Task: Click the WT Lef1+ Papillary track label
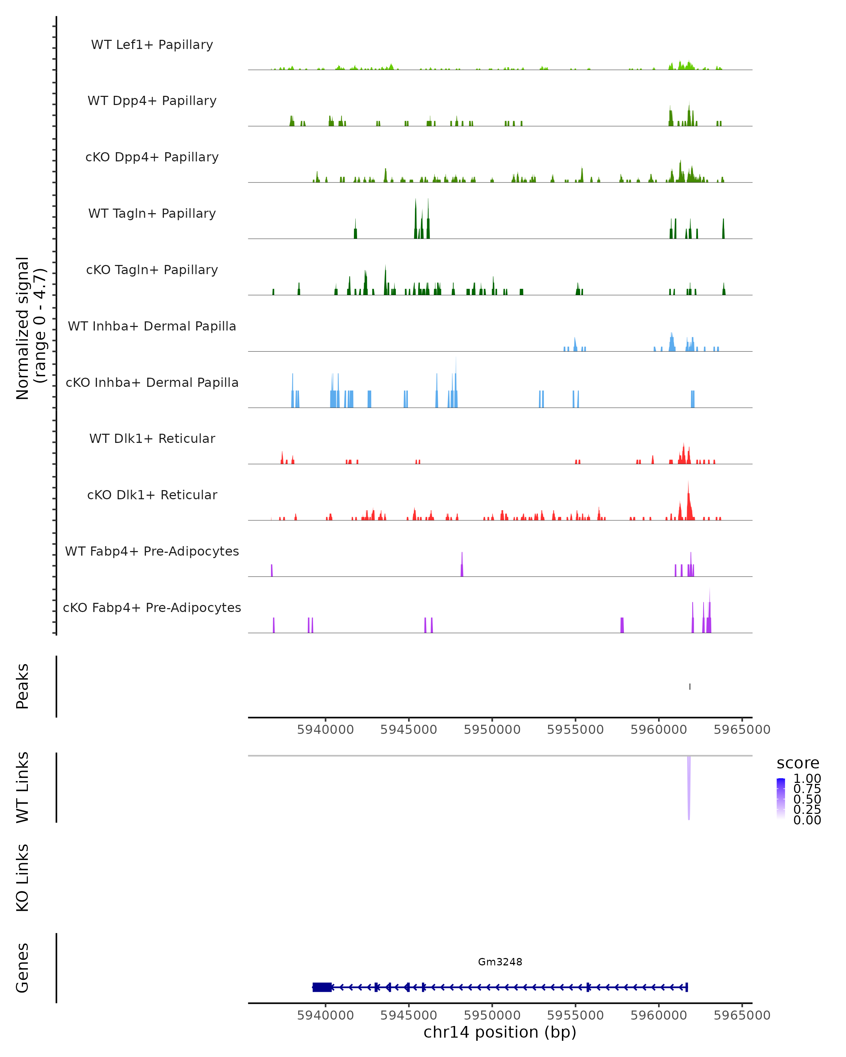click(152, 45)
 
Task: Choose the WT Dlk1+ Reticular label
click(152, 438)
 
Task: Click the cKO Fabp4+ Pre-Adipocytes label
click(152, 607)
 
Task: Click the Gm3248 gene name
click(500, 962)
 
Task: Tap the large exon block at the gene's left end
click(322, 987)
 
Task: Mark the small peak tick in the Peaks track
click(689, 686)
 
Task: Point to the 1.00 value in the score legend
click(807, 779)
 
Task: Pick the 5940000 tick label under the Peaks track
click(325, 730)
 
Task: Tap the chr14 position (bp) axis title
click(500, 1032)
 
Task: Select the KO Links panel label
click(23, 878)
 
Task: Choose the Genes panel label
click(23, 968)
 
